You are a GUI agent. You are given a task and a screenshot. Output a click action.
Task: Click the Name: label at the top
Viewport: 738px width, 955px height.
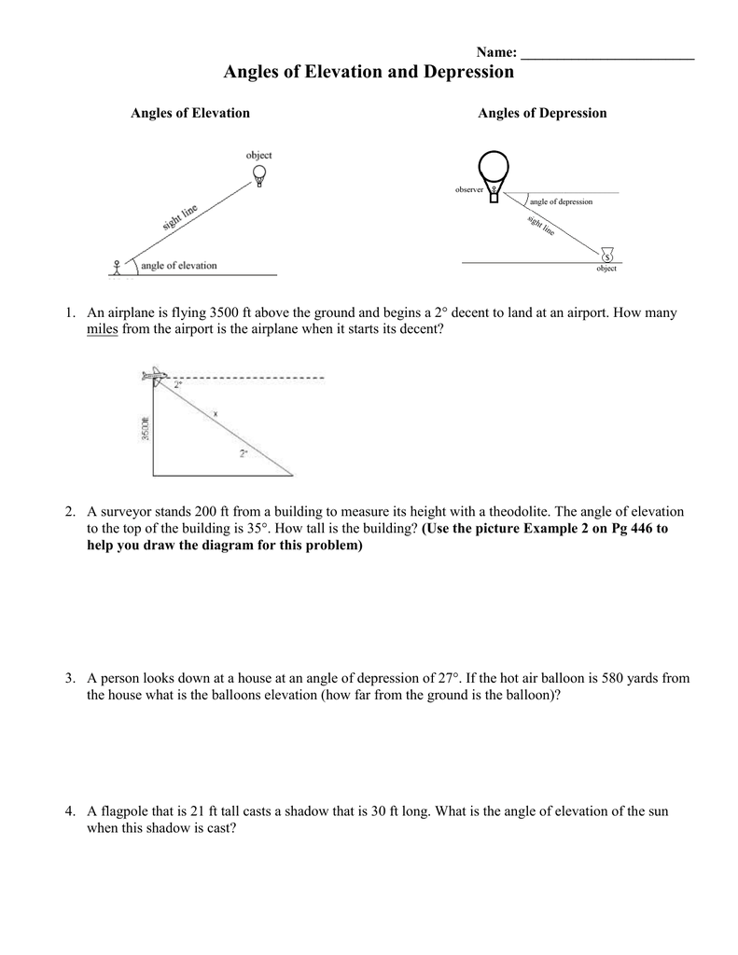click(x=496, y=52)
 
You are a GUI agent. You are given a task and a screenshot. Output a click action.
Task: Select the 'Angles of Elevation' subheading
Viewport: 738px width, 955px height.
click(x=190, y=113)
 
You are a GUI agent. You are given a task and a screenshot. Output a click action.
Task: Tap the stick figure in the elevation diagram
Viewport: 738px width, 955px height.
click(x=117, y=267)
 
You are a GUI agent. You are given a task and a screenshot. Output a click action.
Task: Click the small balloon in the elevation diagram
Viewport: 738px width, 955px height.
click(x=259, y=174)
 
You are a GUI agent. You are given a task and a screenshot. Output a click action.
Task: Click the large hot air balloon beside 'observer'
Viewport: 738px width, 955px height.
click(x=493, y=173)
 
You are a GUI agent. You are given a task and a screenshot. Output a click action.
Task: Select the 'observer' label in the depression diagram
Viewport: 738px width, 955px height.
click(x=468, y=189)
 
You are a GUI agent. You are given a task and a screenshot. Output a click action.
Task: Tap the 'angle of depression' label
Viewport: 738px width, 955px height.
click(x=561, y=201)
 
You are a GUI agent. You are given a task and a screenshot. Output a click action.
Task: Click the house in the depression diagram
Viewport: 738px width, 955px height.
click(x=608, y=253)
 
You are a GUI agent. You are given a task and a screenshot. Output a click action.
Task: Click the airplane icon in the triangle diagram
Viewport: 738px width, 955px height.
click(x=153, y=376)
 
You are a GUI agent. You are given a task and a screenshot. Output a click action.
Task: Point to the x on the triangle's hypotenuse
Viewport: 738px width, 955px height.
click(x=216, y=413)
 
